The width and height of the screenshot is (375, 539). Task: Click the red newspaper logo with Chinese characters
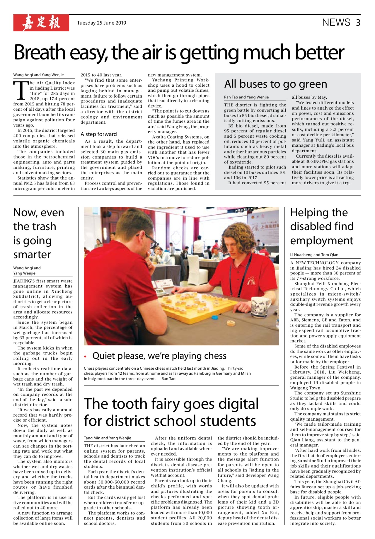[41, 23]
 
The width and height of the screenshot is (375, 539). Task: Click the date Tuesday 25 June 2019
[101, 23]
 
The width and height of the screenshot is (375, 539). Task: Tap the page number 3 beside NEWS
[358, 23]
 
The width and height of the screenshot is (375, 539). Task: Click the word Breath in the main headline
[39, 53]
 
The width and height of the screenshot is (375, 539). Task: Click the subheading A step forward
[99, 134]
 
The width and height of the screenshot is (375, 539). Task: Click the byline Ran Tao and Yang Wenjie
[246, 97]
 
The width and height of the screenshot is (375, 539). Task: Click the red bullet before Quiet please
[86, 357]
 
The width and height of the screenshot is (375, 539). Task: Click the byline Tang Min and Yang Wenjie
[107, 438]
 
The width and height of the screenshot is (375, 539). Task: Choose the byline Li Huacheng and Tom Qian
[314, 255]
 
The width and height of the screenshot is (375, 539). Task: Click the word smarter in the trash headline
[32, 254]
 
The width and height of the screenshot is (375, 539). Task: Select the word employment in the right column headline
[321, 240]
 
